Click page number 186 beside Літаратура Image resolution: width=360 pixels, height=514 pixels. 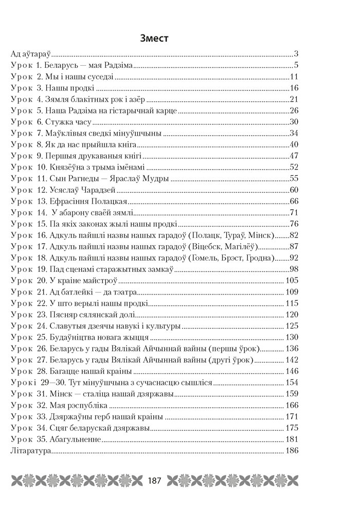[x=291, y=451]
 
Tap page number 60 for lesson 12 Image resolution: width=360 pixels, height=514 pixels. [x=294, y=190]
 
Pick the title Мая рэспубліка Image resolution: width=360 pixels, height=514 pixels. [x=78, y=405]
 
